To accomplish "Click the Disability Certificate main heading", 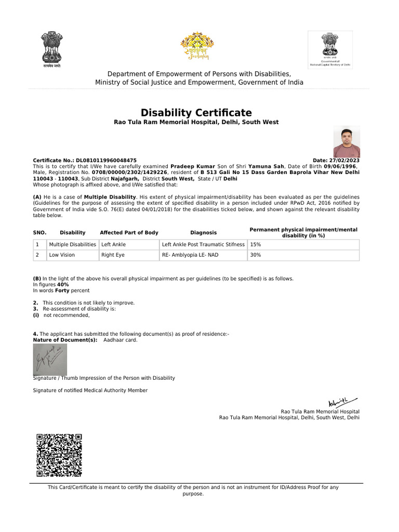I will pos(196,113).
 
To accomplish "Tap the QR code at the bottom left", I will pos(59,455).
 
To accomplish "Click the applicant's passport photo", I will pos(346,142).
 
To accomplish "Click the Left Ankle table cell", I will pos(113,244).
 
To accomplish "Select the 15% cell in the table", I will pos(256,244).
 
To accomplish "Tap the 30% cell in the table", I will pos(256,255).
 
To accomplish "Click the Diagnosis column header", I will pos(203,233).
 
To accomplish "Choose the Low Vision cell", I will pos(62,255).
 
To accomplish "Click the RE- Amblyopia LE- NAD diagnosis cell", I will pos(190,255).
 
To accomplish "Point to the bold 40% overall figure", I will pos(63,285).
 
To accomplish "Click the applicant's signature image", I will pos(50,359).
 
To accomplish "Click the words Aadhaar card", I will pos(121,340).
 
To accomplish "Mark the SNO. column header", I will pos(40,233).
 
